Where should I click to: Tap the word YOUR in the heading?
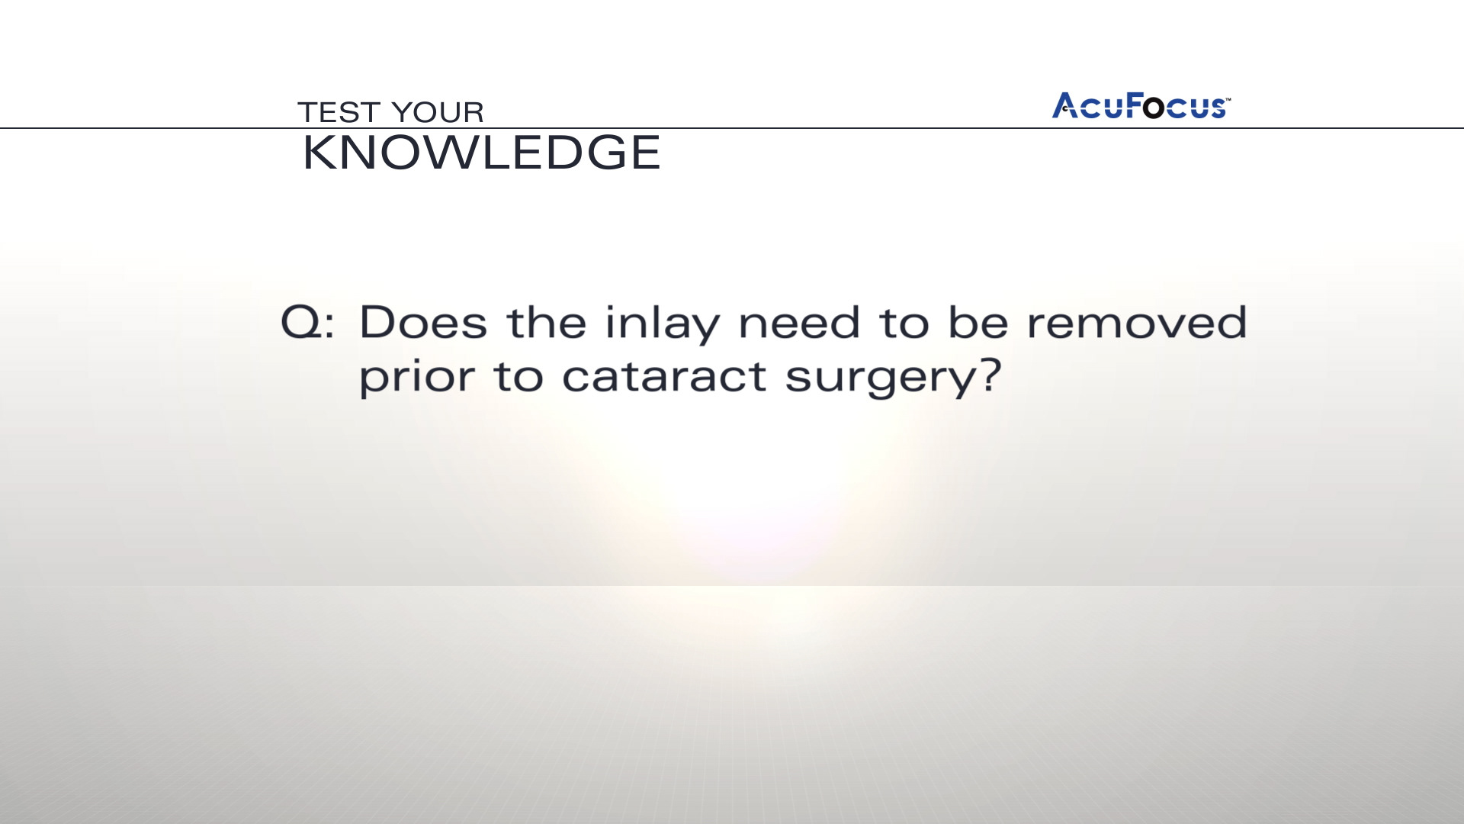pos(438,112)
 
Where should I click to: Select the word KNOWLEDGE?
pos(481,153)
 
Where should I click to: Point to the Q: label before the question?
pos(307,323)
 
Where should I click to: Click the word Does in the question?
pos(423,322)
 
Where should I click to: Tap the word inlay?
pos(662,323)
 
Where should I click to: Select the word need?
pos(800,322)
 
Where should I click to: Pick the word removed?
pos(1137,322)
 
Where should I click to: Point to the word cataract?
pos(664,377)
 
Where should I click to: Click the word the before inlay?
pos(546,322)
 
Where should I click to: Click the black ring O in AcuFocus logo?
pos(1154,108)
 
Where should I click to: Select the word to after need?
pos(904,323)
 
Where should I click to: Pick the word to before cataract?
pos(518,378)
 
